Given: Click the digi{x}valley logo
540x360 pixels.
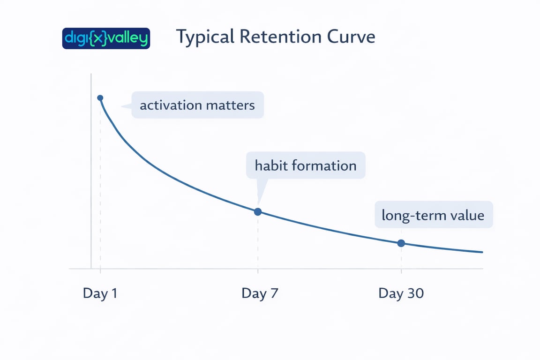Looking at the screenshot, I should tap(106, 38).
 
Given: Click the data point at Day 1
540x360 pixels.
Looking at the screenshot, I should tap(100, 97).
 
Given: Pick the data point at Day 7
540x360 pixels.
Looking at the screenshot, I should tap(257, 212).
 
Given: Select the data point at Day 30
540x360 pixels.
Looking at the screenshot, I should tap(401, 243).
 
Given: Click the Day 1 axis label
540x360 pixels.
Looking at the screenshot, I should tap(100, 293).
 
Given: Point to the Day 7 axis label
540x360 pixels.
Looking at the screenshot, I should tap(260, 293).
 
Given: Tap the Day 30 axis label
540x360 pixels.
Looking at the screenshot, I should tap(401, 293).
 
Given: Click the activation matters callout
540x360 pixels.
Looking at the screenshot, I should tap(197, 105).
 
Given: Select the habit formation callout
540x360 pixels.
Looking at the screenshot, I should tap(306, 165).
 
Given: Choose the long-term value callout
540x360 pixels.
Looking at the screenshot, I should tap(433, 215).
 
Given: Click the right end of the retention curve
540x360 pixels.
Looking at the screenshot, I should tap(482, 252).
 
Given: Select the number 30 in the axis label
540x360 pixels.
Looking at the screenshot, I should tap(414, 293).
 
